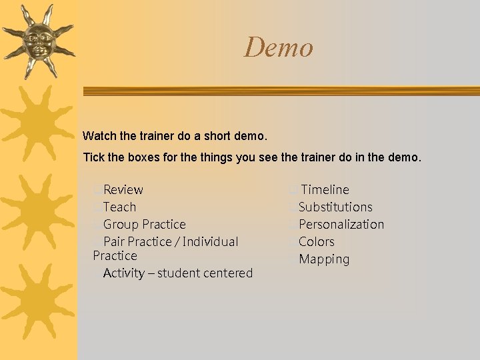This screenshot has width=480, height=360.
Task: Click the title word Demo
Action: coord(278,47)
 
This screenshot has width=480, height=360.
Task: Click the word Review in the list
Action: coord(123,190)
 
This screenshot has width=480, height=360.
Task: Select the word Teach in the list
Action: coord(119,207)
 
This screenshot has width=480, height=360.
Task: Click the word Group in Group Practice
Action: coord(120,225)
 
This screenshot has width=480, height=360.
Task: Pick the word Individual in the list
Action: coord(210,241)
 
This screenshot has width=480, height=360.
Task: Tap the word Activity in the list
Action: coord(124,273)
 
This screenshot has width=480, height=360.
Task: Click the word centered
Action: coord(229,273)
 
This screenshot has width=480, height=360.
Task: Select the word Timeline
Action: coord(325,190)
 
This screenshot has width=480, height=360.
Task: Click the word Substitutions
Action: coord(335,207)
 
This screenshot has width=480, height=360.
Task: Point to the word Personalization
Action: coord(341,225)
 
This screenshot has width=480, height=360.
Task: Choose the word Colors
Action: coord(317,242)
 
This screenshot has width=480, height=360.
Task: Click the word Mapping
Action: coord(324,259)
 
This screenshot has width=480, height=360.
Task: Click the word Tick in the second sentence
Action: coord(93,158)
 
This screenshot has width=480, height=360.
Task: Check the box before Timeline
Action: coord(293,191)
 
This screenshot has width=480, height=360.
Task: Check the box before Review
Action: coord(98,191)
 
